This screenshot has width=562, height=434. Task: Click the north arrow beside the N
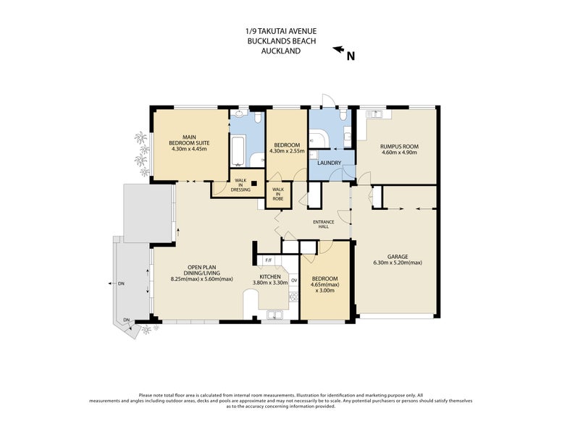pyautogui.click(x=338, y=49)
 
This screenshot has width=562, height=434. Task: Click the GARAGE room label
pyautogui.click(x=398, y=256)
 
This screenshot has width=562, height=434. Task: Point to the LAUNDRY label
pyautogui.click(x=330, y=163)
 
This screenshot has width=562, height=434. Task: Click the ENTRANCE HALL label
pyautogui.click(x=323, y=224)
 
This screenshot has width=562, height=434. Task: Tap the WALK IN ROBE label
pyautogui.click(x=278, y=194)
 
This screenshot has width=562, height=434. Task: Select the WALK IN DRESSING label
pyautogui.click(x=240, y=185)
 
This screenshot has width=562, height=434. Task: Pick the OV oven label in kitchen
pyautogui.click(x=294, y=280)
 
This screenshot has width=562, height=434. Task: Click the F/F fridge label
pyautogui.click(x=269, y=260)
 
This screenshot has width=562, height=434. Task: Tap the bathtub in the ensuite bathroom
pyautogui.click(x=238, y=150)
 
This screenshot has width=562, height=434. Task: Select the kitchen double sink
pyautogui.click(x=274, y=315)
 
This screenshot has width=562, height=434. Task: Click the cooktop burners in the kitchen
pyautogui.click(x=294, y=297)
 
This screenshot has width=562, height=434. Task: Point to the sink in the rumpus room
pyautogui.click(x=374, y=114)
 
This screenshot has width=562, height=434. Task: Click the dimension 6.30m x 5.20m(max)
pyautogui.click(x=398, y=263)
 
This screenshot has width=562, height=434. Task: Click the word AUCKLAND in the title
pyautogui.click(x=281, y=51)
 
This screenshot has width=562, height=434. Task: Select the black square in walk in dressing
pyautogui.click(x=254, y=183)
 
